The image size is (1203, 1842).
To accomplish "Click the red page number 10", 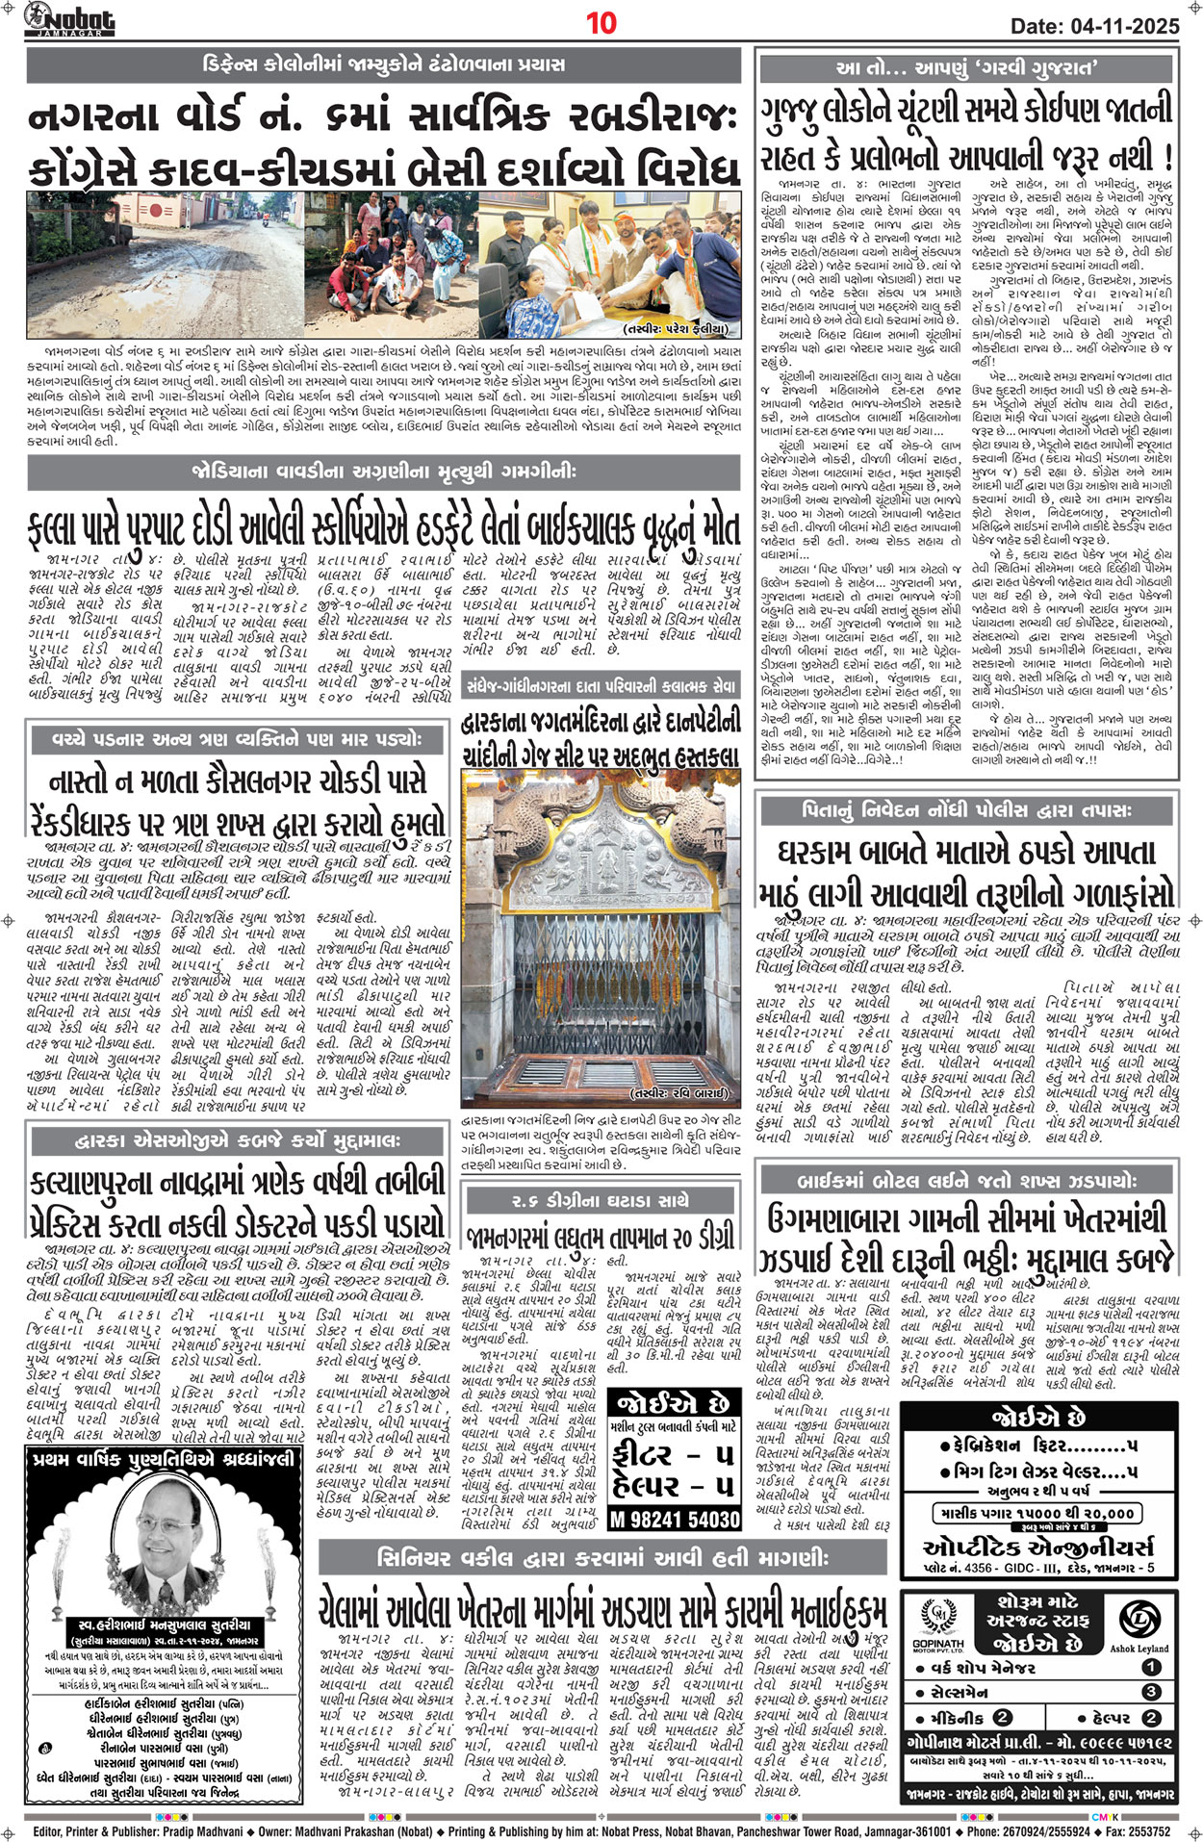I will point(601,23).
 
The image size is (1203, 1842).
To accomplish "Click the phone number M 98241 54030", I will point(675,1519).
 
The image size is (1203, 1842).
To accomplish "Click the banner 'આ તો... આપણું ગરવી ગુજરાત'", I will point(967,68).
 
